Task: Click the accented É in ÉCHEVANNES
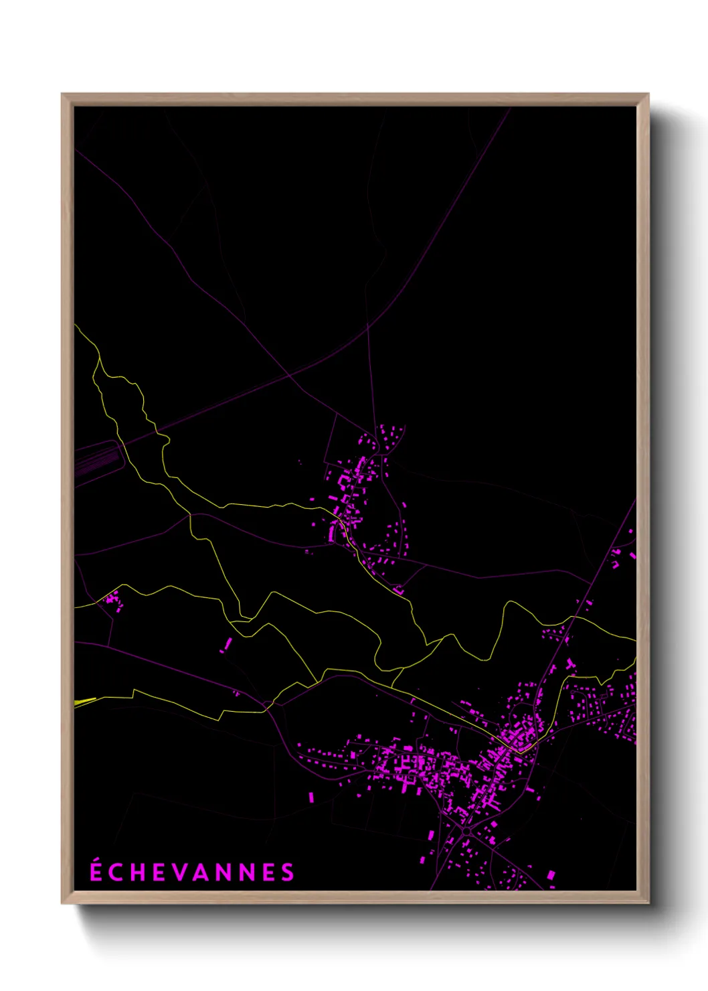pos(96,871)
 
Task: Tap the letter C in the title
pos(118,872)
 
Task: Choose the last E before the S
pos(268,872)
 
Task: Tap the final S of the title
pos(288,872)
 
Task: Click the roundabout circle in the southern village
pos(466,831)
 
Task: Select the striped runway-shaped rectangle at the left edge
pos(98,461)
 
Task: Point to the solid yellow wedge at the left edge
pos(84,702)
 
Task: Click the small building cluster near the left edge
pos(112,600)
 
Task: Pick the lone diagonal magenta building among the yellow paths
pos(228,644)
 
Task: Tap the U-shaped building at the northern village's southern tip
pos(399,590)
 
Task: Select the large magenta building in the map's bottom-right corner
pos(551,874)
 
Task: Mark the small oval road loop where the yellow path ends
pos(268,704)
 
